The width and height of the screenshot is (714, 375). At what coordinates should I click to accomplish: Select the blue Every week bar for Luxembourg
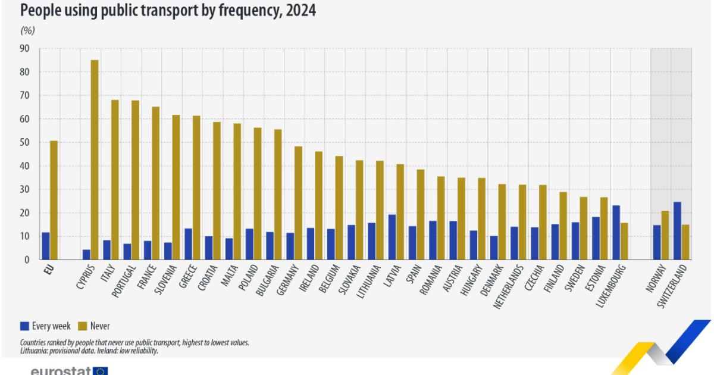tap(616, 233)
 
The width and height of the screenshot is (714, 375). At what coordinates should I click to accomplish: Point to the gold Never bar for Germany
tap(299, 203)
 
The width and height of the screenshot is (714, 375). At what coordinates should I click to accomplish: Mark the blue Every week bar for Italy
tap(107, 250)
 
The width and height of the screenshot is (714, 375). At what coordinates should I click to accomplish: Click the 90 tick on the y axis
tap(24, 49)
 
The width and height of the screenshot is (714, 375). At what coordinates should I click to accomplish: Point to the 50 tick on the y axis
tap(24, 143)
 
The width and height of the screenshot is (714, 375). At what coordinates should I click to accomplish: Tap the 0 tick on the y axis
tap(27, 260)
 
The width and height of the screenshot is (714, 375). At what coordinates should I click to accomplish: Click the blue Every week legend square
tap(24, 326)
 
